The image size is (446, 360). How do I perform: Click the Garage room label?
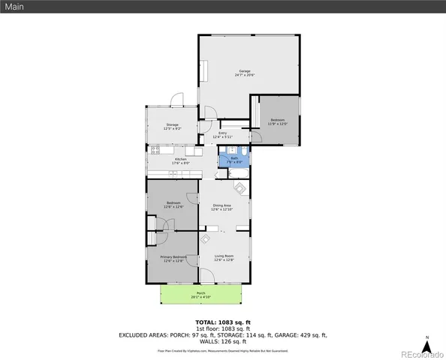244,72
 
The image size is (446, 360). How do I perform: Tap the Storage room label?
172,126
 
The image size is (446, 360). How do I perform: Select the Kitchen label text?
180,160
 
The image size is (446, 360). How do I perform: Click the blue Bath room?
234,159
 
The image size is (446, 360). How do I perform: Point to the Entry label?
222,135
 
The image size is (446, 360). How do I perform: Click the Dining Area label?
221,206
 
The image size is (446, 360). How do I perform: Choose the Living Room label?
224,258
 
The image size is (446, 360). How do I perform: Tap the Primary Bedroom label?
173,258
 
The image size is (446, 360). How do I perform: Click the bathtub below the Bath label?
240,174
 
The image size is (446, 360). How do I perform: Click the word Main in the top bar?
14,7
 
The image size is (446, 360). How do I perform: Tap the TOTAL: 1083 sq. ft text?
222,322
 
